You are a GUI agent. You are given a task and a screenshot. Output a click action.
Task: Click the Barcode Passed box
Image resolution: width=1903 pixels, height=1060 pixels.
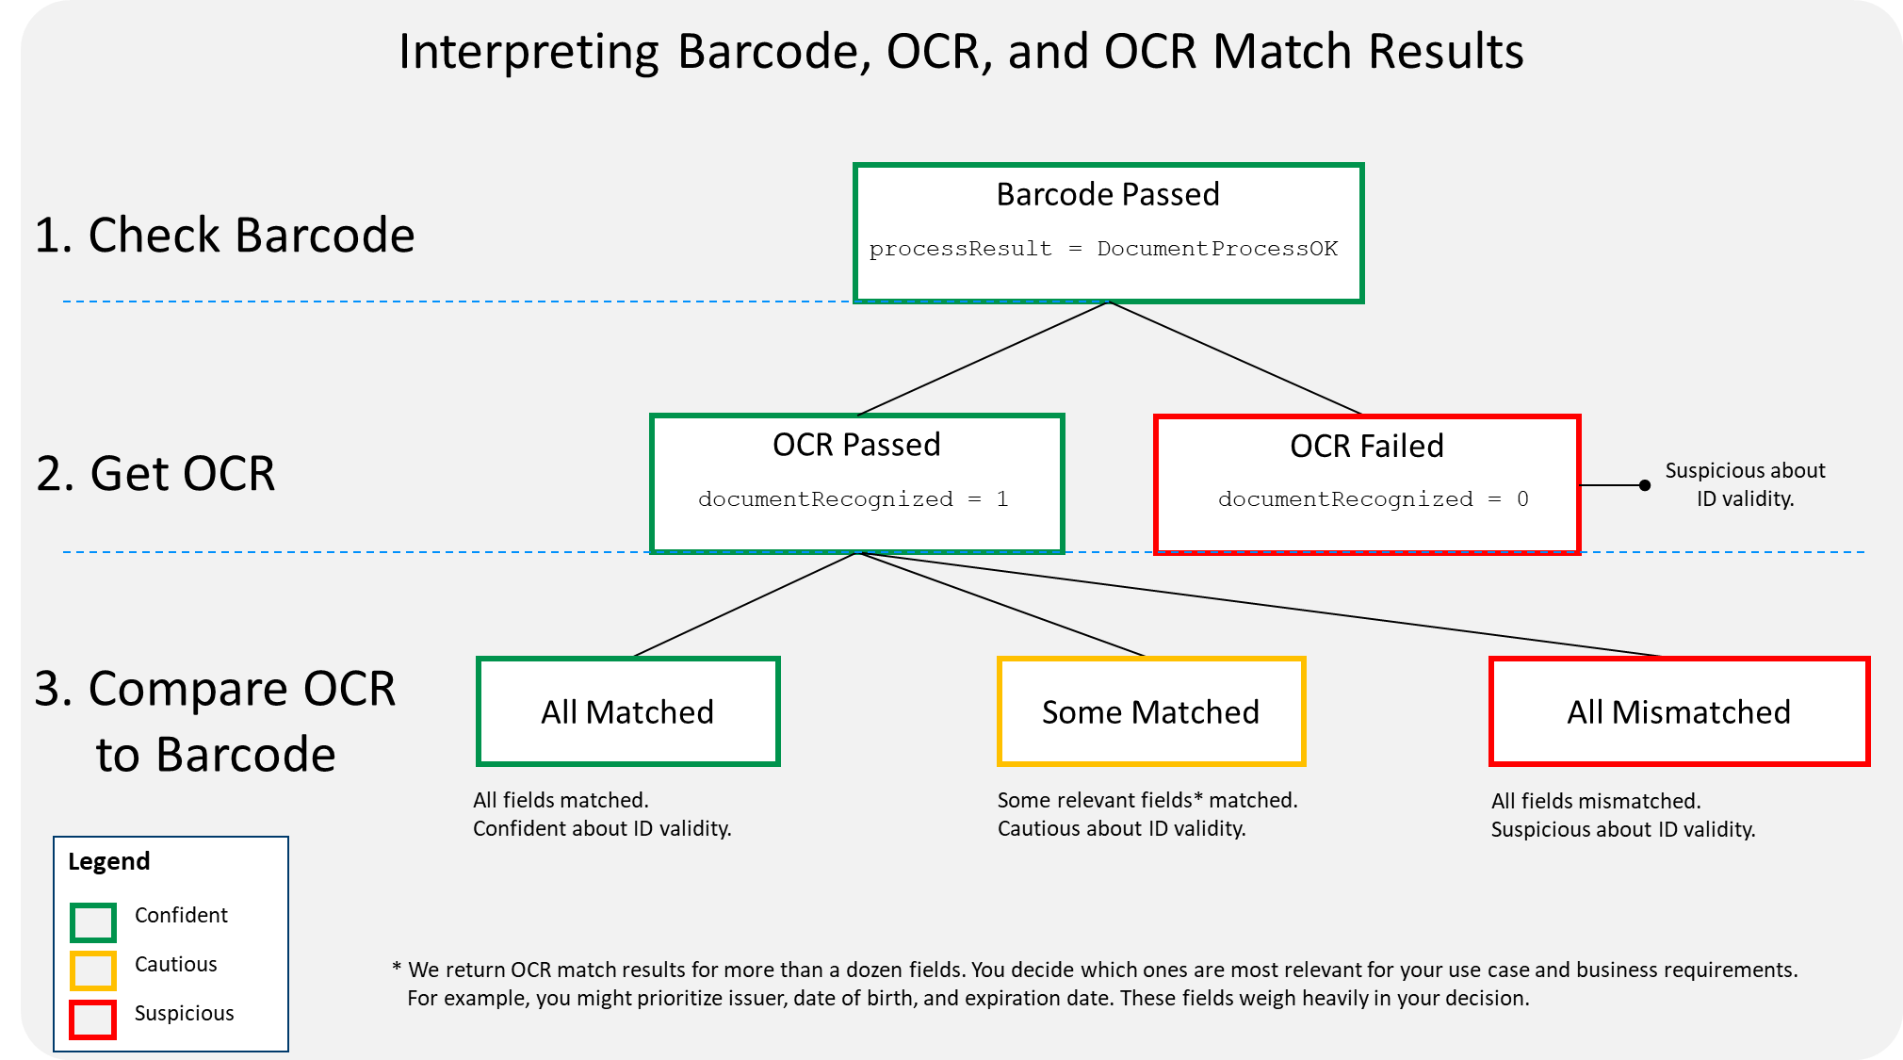click(1108, 233)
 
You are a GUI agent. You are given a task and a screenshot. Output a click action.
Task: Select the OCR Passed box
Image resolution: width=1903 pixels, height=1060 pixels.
click(857, 483)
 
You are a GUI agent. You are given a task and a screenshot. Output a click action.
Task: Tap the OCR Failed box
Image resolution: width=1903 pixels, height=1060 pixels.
click(1367, 484)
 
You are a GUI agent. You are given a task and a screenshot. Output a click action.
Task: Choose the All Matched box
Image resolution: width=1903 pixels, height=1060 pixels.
click(628, 711)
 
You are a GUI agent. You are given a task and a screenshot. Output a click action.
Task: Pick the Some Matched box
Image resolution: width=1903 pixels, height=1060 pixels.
click(1151, 711)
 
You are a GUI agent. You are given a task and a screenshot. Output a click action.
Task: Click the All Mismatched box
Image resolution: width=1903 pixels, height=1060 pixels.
click(1679, 711)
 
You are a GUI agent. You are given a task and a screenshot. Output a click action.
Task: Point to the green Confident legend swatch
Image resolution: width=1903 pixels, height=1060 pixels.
click(93, 922)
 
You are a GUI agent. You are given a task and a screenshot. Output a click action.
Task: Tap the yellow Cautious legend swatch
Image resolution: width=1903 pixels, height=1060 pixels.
click(93, 970)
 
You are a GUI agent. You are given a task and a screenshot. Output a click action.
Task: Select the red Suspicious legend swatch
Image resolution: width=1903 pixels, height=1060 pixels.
click(93, 1019)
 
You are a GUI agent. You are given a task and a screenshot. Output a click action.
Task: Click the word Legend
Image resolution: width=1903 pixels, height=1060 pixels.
click(109, 862)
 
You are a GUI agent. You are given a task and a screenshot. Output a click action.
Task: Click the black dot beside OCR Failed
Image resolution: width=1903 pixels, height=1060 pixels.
click(1645, 485)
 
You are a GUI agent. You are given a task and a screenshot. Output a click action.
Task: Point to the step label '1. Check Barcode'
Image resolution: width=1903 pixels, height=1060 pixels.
click(224, 235)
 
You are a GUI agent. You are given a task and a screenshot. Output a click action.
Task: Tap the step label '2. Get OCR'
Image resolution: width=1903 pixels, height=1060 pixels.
click(155, 473)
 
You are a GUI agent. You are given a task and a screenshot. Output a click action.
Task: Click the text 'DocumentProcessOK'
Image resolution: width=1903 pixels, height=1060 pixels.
click(1217, 249)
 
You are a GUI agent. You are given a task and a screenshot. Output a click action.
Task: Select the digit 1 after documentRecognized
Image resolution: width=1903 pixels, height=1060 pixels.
click(1002, 499)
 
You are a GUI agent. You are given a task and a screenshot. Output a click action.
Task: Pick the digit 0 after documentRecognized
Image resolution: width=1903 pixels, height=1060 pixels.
click(1522, 499)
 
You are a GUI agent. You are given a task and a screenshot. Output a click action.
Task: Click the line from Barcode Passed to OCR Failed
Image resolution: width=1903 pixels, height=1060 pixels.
click(1236, 358)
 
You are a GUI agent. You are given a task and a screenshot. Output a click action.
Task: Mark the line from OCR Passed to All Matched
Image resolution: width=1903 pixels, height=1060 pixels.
click(744, 604)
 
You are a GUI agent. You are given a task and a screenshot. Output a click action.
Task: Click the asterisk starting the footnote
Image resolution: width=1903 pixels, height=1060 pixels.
click(397, 968)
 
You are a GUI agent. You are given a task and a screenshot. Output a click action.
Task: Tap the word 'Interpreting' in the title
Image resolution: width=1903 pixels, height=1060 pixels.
click(529, 52)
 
